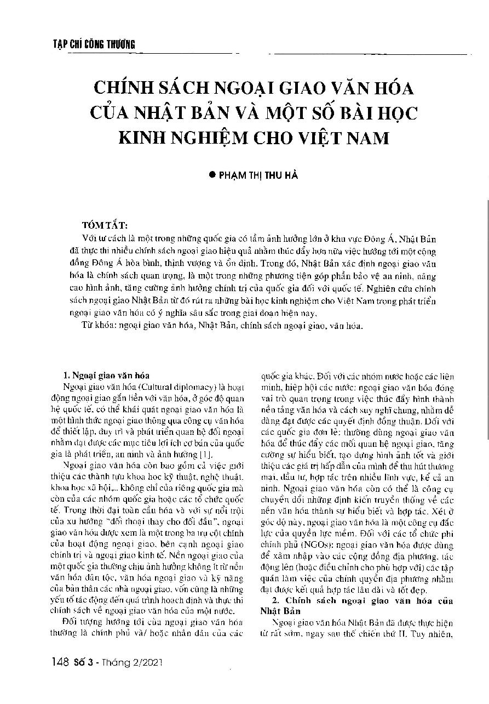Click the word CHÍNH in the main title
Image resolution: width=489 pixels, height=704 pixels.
point(124,88)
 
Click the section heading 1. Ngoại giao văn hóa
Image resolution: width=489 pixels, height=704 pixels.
point(104,376)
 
